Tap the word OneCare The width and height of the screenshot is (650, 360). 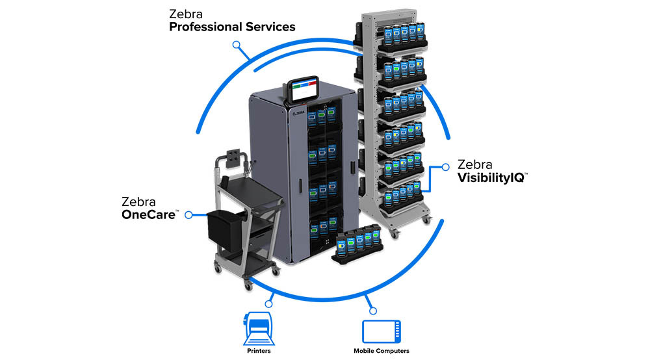[149, 214]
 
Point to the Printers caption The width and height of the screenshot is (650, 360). [259, 351]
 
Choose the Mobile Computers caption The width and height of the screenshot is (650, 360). [381, 351]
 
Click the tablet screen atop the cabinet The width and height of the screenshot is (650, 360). [304, 89]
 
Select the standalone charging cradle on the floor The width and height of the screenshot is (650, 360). [358, 246]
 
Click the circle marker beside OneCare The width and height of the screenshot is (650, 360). [189, 214]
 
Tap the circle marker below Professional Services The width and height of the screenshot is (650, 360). [237, 45]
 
